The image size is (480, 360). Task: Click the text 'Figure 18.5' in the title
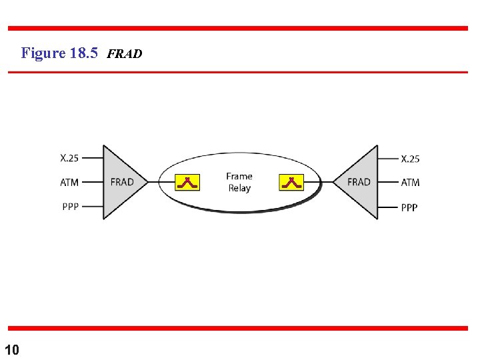(59, 53)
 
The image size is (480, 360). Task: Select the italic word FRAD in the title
(124, 54)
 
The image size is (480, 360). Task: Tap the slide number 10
(12, 349)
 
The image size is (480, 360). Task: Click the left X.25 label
(69, 158)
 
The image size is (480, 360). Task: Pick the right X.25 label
(410, 159)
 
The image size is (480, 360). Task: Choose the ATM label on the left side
(69, 182)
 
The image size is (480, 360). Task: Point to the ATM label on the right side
(410, 182)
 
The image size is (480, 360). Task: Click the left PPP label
(70, 206)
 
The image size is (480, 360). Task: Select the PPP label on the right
(409, 207)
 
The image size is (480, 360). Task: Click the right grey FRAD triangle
(359, 182)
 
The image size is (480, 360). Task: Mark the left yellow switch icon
(187, 182)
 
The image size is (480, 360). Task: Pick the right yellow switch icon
(291, 182)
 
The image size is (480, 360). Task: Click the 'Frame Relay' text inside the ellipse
(239, 182)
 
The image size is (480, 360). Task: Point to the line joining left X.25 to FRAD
(92, 158)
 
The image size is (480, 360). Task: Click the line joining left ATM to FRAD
(92, 182)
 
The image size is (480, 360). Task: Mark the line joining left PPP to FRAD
(92, 206)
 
